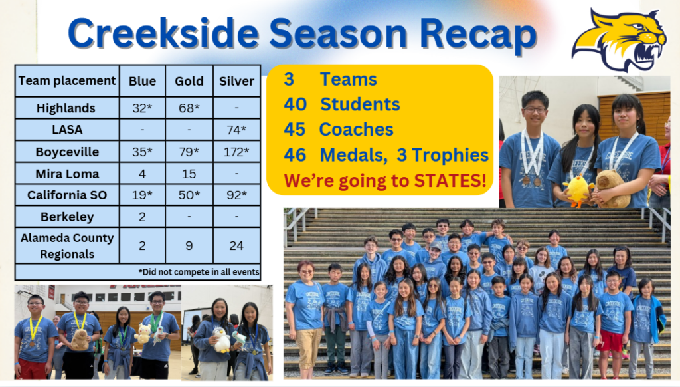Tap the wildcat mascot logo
pos(620,39)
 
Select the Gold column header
pos(189,81)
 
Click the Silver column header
pos(237,81)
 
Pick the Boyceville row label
pos(67,152)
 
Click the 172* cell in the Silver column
pos(237,152)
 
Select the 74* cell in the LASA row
pos(237,130)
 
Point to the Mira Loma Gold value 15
pos(189,174)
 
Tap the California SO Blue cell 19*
pos(142,195)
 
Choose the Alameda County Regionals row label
pos(67,246)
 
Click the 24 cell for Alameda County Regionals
pos(237,246)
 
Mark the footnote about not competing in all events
pos(199,273)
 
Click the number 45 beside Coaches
pos(295,130)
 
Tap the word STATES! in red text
pos(450,180)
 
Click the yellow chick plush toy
pos(578,190)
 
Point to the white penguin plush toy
pos(222,340)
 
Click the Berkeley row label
pos(67,217)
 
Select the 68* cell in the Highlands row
pos(189,108)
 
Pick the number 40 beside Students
pos(296,104)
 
